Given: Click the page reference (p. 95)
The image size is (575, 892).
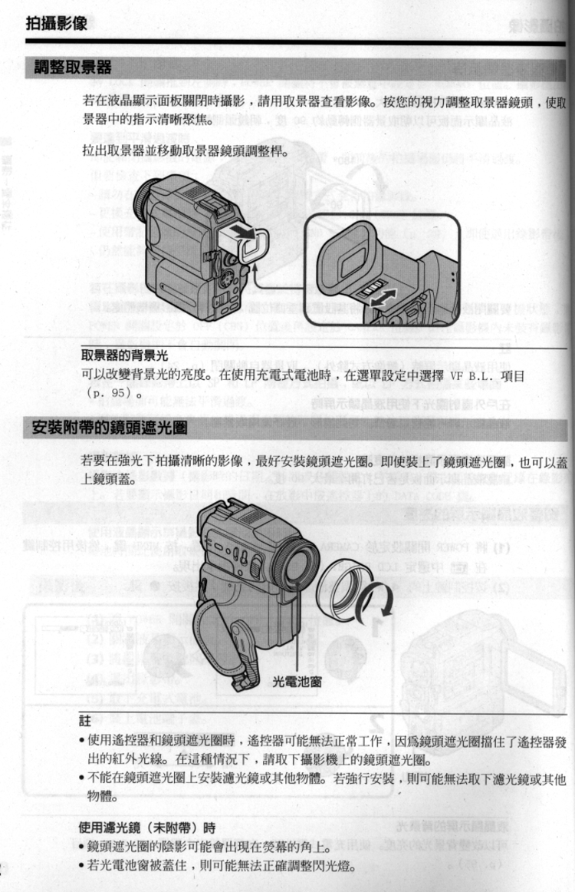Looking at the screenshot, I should coord(107,395).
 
